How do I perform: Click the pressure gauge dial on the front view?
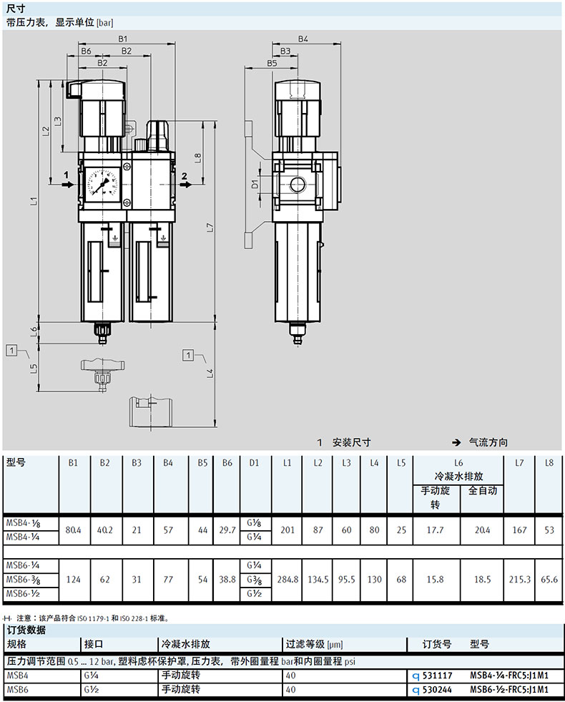[x=102, y=182]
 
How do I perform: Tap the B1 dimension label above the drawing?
[x=122, y=39]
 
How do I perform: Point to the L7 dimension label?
[x=210, y=227]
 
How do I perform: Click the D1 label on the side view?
[x=255, y=184]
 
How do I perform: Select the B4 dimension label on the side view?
[x=303, y=39]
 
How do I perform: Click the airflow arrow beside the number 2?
[x=186, y=184]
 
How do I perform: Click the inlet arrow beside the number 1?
[x=68, y=184]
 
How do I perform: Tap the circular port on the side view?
[x=298, y=184]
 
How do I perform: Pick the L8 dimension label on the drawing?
[x=197, y=158]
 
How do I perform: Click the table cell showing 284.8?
[x=288, y=580]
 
